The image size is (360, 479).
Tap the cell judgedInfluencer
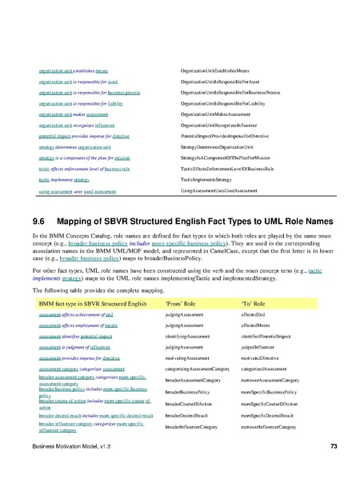click(260, 349)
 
